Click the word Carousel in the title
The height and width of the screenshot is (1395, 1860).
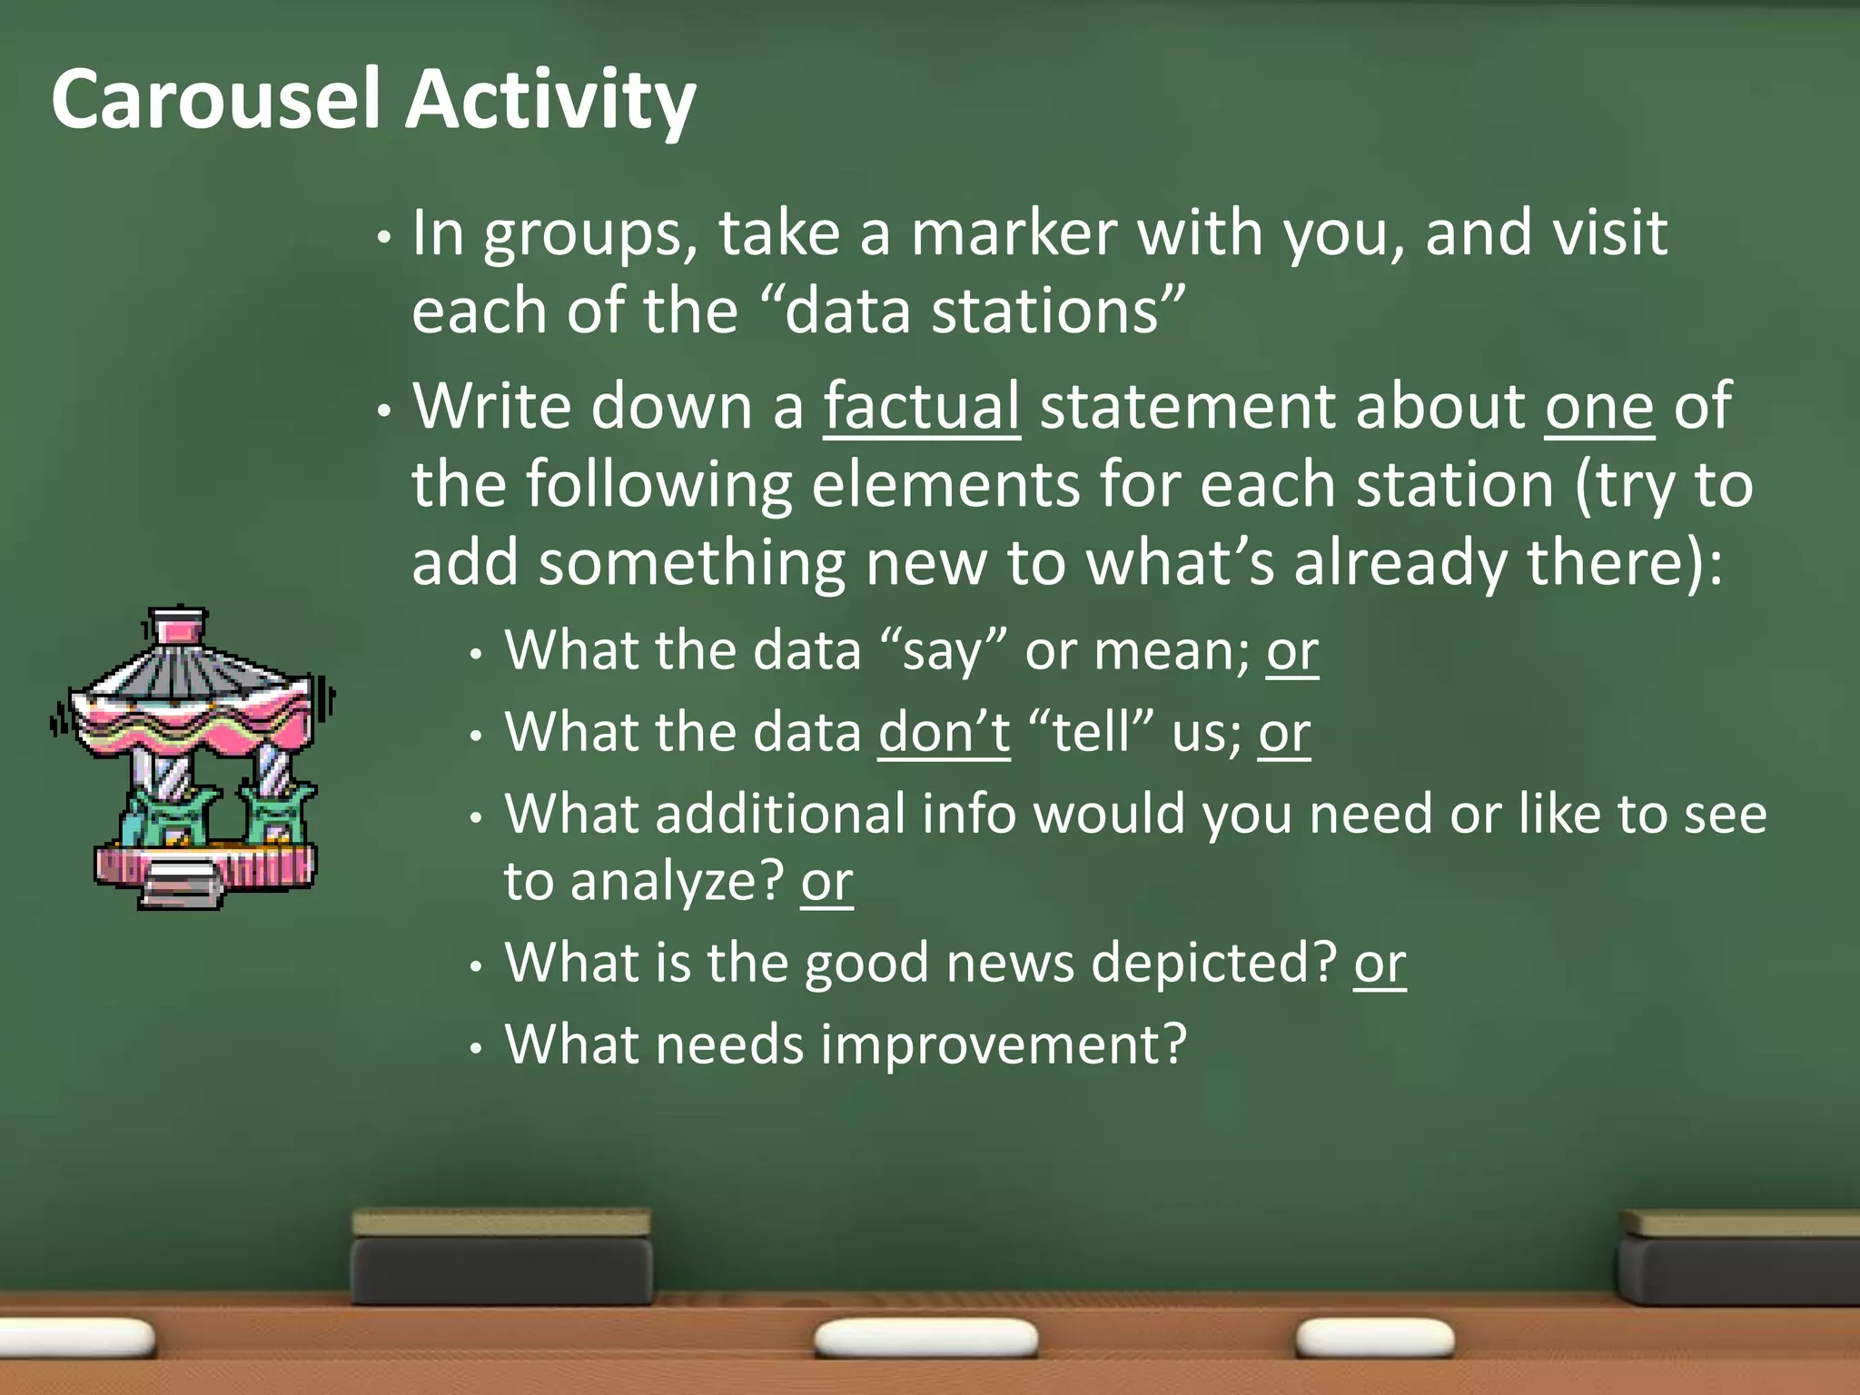(215, 99)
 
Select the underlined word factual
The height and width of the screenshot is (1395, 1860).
(921, 406)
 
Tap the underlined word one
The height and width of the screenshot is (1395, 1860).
(1598, 408)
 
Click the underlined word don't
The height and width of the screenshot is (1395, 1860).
(944, 731)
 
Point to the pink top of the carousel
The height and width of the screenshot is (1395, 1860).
(177, 627)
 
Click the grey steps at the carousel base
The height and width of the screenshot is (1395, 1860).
(180, 886)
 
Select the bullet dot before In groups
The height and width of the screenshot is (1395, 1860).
(384, 238)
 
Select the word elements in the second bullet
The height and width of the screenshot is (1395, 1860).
(945, 484)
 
